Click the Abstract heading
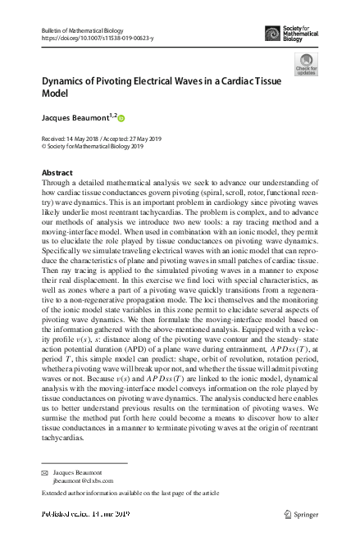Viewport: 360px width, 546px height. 57,173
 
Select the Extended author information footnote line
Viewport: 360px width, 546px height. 130,494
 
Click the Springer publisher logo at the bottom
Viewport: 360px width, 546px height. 303,515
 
